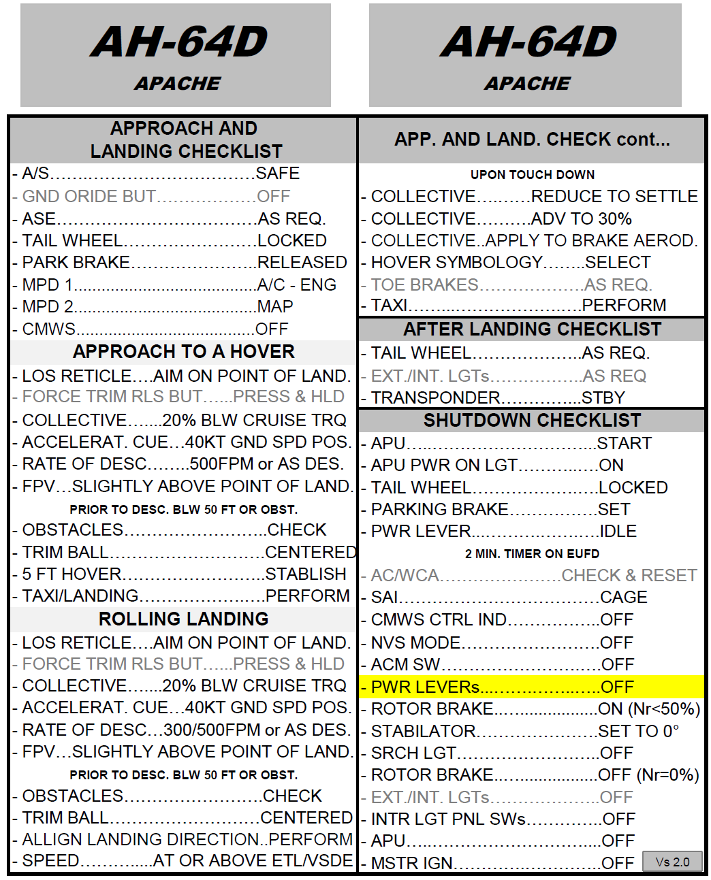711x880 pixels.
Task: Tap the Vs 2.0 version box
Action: [672, 862]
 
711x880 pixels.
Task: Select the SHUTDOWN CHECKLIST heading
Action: [532, 421]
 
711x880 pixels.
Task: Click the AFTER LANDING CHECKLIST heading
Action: [532, 329]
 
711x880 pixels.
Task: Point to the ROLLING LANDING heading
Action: [183, 619]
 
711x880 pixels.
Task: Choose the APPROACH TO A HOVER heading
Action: [183, 352]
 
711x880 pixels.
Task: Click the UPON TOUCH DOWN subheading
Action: [532, 175]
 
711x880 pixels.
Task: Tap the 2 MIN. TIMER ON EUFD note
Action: [532, 554]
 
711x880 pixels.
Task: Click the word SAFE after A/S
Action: [277, 174]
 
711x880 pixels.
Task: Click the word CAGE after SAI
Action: [623, 598]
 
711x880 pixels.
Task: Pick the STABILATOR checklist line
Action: [524, 731]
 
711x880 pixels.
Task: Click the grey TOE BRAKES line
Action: [511, 284]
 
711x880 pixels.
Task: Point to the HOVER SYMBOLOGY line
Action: [510, 262]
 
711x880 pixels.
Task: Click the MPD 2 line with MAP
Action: [157, 307]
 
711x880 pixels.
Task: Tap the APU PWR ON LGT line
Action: [496, 465]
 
